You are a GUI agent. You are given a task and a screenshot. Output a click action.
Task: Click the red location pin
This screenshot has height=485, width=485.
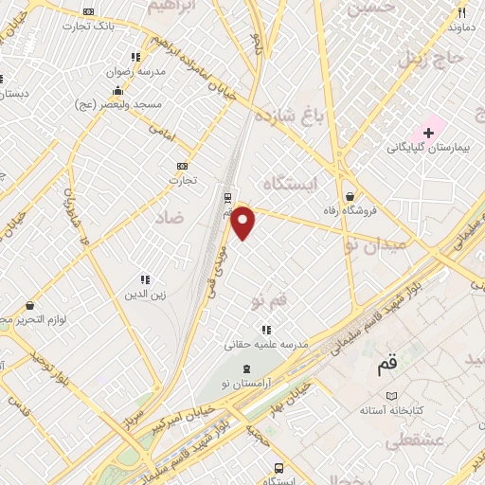coord(243,222)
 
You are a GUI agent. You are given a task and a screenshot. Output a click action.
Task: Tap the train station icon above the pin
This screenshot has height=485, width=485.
coord(227,197)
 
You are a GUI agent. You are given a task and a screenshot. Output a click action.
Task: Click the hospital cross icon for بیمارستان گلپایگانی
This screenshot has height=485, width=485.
coord(428,131)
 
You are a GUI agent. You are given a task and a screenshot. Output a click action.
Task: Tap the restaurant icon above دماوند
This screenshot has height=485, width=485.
coord(462,13)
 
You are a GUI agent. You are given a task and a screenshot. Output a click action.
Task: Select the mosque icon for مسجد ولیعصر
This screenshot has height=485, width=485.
coord(117,91)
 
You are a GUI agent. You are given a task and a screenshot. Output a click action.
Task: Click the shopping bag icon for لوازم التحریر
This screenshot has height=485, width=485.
coord(29,306)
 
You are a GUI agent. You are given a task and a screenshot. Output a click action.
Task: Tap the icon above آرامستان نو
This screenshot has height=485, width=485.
coord(247,368)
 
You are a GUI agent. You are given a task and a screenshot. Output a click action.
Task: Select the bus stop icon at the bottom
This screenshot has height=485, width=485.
coord(278,468)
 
